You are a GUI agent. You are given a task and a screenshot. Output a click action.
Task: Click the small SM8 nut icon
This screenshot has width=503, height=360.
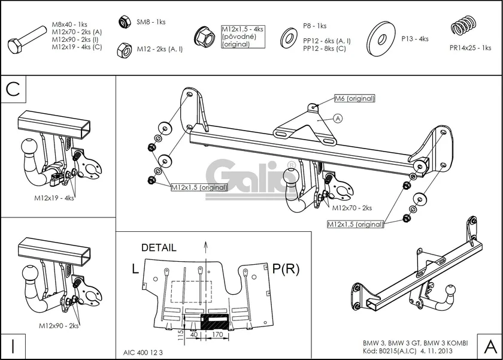125,22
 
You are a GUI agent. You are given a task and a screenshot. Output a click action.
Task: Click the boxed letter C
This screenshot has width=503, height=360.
14,89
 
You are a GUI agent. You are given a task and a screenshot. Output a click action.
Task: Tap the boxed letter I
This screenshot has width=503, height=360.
13,345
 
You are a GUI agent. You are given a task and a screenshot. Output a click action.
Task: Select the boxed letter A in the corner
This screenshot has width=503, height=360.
489,345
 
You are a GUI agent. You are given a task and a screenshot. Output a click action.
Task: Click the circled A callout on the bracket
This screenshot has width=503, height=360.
337,119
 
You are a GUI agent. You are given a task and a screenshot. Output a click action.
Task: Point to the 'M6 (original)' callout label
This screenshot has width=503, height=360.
354,98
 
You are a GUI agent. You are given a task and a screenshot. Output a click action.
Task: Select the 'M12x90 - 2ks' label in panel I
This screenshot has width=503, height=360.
59,326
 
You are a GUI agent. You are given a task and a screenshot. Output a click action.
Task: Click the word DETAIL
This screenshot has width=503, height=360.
159,247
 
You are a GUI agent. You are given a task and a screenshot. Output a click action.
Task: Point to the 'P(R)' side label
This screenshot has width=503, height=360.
286,269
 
